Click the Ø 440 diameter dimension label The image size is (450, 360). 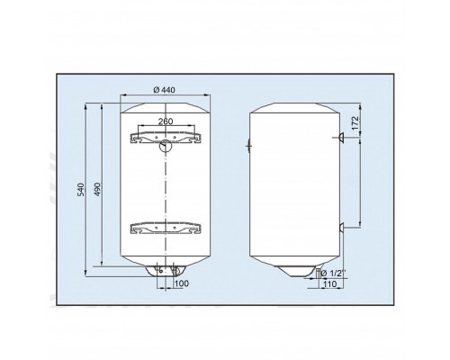165,90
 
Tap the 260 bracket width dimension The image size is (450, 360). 166,121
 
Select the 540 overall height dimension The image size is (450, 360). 81,190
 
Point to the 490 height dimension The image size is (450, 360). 97,189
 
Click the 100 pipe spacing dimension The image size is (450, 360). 182,283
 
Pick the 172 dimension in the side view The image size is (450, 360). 355,123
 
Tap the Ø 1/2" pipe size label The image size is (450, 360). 333,274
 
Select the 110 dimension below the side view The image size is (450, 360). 330,283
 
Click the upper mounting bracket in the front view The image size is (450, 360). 166,138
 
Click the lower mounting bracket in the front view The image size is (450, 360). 166,229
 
